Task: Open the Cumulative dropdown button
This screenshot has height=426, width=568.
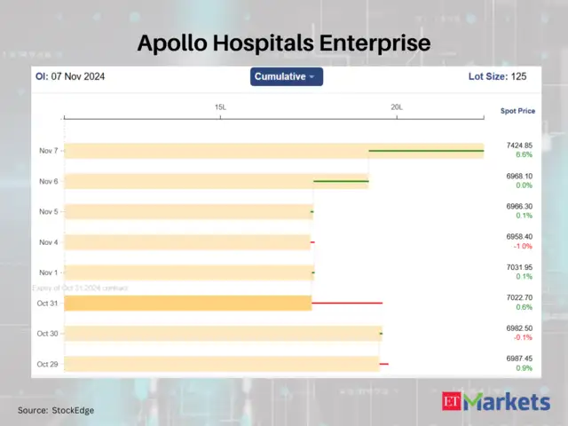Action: tap(286, 77)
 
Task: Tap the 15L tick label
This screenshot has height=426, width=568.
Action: tap(220, 107)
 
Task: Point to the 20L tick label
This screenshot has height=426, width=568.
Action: tap(397, 107)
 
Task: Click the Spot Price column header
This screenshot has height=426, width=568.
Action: tap(517, 111)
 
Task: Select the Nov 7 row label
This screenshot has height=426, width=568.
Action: tap(49, 151)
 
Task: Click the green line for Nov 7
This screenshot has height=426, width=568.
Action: tap(426, 151)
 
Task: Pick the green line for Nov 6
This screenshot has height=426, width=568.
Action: tap(341, 181)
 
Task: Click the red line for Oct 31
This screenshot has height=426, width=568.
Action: tap(347, 303)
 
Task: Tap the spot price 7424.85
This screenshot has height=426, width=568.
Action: tap(520, 145)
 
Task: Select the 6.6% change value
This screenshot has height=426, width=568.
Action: tap(524, 154)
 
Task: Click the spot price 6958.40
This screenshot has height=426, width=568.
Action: tap(520, 237)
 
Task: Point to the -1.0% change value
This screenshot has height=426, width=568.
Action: tap(524, 247)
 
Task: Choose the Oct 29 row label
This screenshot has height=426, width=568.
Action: tap(48, 364)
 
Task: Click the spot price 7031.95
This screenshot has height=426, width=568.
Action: tap(520, 267)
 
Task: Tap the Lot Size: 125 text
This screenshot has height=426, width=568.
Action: tap(497, 77)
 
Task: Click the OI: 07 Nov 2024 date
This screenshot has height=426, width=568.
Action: tap(70, 77)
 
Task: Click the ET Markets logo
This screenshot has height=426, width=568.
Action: tap(496, 402)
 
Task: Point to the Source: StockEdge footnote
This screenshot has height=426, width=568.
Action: tap(56, 410)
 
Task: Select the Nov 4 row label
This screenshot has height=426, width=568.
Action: tap(49, 242)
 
